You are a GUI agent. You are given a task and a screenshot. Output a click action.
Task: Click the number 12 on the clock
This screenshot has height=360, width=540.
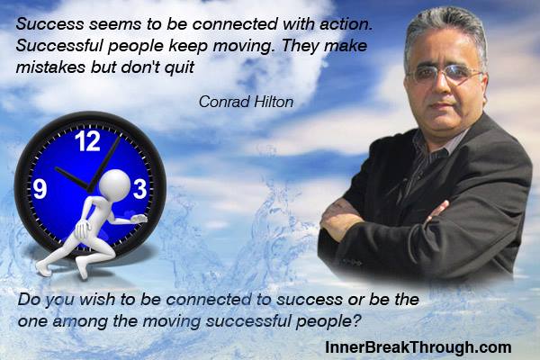(88, 141)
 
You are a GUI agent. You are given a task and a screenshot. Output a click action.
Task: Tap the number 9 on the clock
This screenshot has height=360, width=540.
(40, 189)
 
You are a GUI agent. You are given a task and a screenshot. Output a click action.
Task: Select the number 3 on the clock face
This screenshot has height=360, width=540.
(139, 189)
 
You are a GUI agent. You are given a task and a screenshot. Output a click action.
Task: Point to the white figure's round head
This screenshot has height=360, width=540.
(114, 184)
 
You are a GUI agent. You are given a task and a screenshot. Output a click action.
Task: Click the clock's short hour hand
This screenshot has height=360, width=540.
(72, 178)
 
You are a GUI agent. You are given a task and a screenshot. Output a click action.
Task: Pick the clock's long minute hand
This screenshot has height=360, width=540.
(104, 163)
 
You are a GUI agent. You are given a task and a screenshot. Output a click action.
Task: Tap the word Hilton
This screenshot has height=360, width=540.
(274, 102)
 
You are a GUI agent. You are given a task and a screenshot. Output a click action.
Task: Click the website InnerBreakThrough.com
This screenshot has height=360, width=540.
(418, 346)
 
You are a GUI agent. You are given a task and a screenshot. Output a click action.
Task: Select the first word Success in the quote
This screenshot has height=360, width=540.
(49, 23)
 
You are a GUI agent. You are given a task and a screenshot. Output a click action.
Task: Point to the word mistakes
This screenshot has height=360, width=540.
(51, 67)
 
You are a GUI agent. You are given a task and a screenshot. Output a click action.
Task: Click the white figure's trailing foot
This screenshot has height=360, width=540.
(44, 268)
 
